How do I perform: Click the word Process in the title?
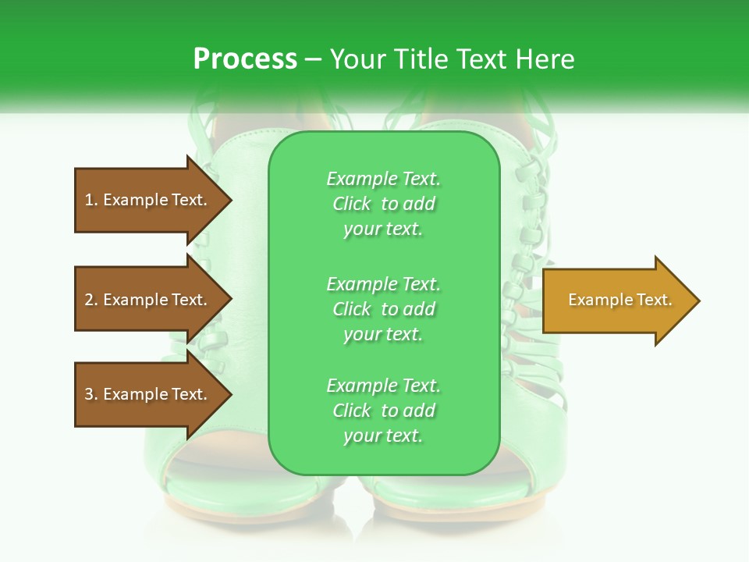coord(245,59)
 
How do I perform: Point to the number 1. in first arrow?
coord(91,200)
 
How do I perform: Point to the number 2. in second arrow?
coord(91,300)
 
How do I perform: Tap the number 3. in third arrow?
coord(91,394)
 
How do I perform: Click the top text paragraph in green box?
coord(383,204)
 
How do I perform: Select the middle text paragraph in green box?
coord(383,309)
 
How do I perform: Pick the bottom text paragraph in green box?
coord(383,411)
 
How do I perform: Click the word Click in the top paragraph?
coord(352,204)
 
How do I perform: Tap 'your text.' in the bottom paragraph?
coord(383,436)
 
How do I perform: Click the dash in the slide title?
coord(314,59)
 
